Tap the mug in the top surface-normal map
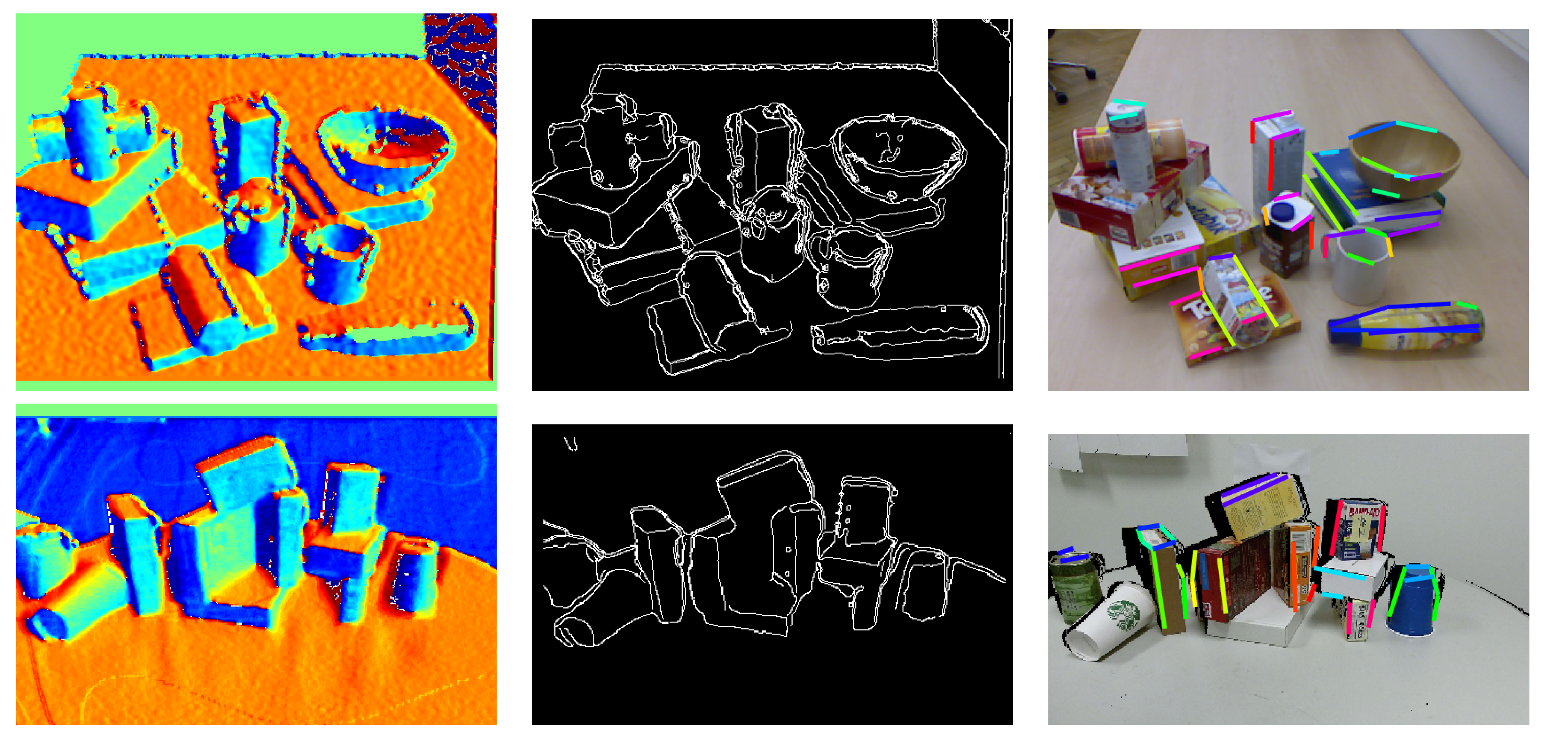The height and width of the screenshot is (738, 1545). pyautogui.click(x=336, y=264)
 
